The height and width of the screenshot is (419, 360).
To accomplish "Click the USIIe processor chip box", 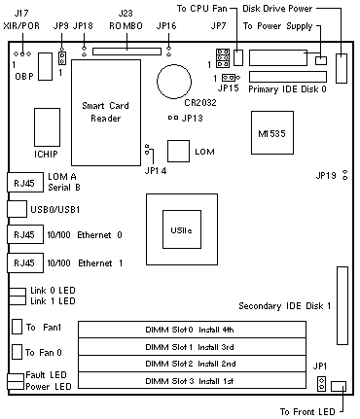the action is pos(182,229).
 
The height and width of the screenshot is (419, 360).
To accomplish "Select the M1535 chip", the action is pos(272,133).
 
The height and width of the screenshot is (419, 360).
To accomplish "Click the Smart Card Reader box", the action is pos(106,113).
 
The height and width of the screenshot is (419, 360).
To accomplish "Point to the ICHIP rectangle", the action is pos(47,127).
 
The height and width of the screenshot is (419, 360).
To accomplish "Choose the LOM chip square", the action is pos(178,151).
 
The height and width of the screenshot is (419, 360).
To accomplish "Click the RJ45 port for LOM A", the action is pos(25,183).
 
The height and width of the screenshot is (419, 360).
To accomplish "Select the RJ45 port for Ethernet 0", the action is pos(25,234).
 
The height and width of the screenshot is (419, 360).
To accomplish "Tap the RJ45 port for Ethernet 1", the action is pos(25,262).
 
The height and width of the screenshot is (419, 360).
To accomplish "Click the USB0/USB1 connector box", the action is pos(17,209).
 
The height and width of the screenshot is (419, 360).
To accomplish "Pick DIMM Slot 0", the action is pos(192,330).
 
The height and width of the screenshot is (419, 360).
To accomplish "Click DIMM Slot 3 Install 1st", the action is pos(192,380).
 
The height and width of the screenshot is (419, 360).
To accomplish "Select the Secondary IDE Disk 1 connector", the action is pos(342,305).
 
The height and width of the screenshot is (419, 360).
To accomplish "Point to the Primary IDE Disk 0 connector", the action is pos(288,77).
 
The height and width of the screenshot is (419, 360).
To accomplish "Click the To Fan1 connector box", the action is pos(17,327).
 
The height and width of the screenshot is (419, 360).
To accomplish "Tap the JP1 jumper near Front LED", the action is pos(322,384).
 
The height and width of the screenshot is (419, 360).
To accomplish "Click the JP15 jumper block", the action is pos(229,78).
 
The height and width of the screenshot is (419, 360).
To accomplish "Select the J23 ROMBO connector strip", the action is pos(126,52).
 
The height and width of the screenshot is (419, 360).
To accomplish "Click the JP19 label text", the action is pos(326,176).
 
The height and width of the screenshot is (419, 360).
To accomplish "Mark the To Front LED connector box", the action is pos(339,386).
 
